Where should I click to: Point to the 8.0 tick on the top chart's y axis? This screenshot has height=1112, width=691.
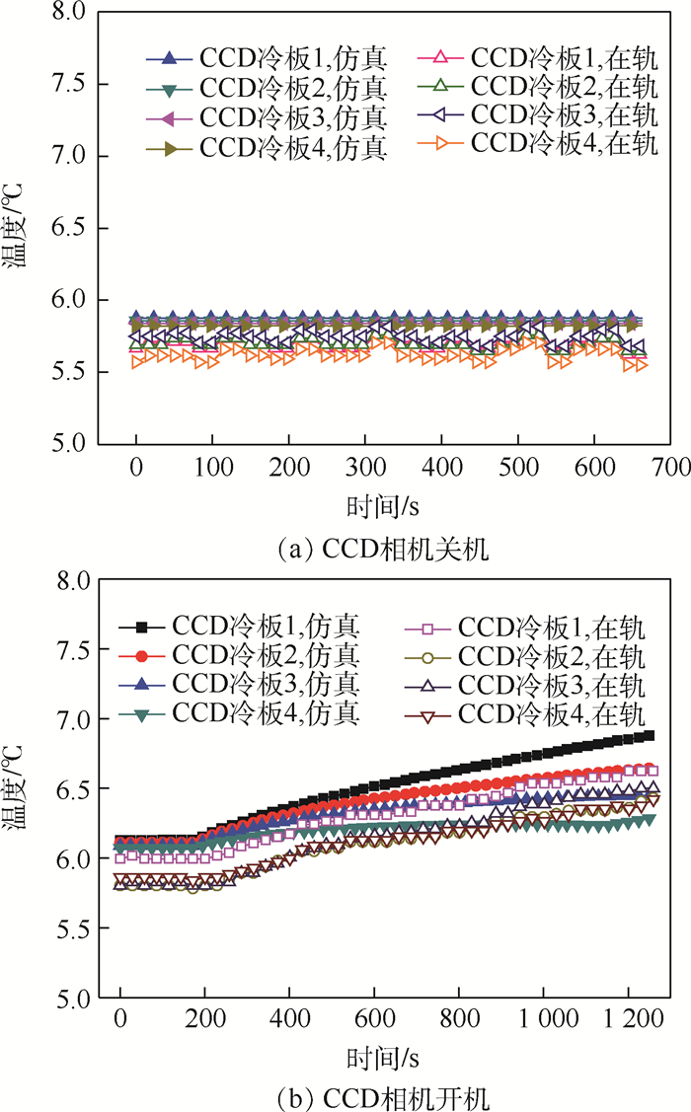click(69, 13)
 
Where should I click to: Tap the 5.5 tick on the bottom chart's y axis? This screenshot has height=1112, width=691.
click(69, 929)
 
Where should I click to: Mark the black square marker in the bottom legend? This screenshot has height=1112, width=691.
click(141, 626)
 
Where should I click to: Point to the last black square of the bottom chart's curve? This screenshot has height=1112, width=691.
click(649, 735)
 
